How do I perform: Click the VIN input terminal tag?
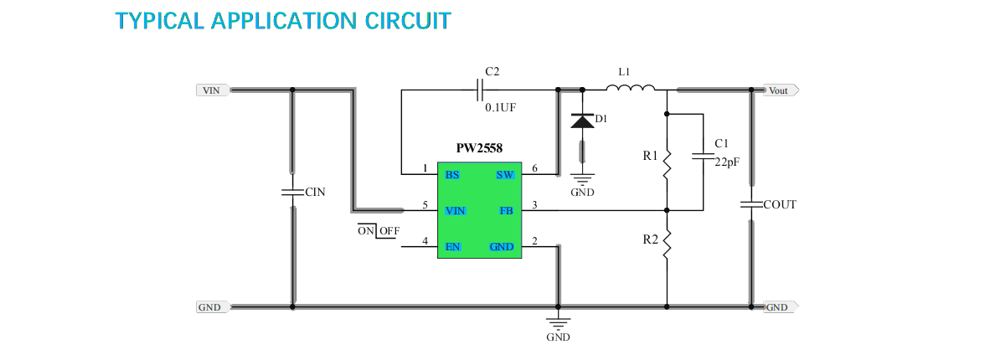[x=212, y=90]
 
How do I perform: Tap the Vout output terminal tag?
[x=780, y=90]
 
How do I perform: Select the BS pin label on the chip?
[x=452, y=175]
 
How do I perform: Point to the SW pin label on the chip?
[x=504, y=175]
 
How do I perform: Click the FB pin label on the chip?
[x=506, y=211]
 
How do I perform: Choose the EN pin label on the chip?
[x=452, y=247]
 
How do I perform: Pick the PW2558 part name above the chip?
[x=479, y=148]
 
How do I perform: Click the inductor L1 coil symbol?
[x=629, y=87]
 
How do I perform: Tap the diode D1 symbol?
[x=582, y=121]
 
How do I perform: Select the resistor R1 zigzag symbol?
[x=667, y=163]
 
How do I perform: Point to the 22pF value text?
[x=727, y=163]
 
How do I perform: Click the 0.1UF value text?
[x=501, y=108]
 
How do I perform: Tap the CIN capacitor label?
[x=315, y=193]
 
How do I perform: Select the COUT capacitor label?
[x=780, y=204]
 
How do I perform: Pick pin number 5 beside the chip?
[x=425, y=205]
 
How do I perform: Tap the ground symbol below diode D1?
[x=582, y=178]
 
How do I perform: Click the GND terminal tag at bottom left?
[x=210, y=307]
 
